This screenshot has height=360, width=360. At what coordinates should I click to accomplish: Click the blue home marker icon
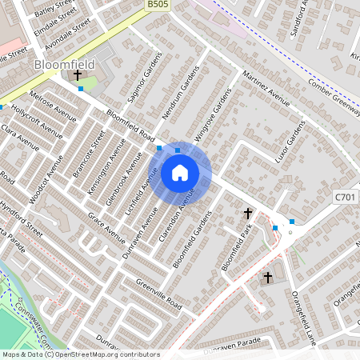pos(180,173)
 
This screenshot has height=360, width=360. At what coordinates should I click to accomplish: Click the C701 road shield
pos(344,195)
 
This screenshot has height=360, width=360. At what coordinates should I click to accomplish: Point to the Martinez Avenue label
pos(266,95)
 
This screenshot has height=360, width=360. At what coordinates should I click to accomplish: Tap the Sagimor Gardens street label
pos(142,86)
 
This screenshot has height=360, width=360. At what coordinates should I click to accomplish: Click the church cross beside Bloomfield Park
pos(248,214)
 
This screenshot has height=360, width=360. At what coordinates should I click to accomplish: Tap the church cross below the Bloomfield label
pos(78,75)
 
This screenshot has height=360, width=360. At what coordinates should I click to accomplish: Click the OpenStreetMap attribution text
pos(80,354)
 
